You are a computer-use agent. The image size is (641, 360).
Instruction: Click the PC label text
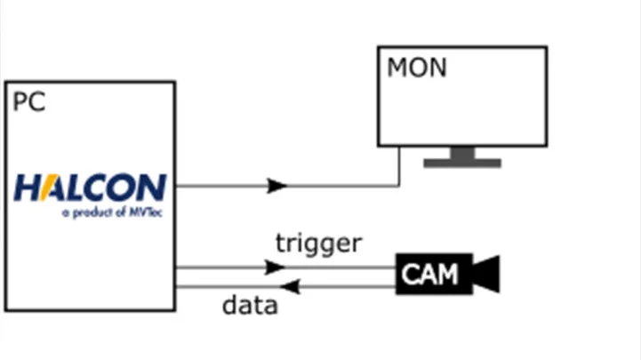click(28, 102)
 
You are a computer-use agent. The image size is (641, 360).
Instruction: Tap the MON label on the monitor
click(417, 68)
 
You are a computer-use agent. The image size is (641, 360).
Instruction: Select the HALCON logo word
click(90, 188)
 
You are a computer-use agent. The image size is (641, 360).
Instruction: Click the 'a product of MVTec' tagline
click(113, 212)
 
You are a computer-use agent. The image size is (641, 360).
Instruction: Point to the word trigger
click(318, 243)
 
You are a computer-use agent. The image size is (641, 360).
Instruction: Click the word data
click(250, 306)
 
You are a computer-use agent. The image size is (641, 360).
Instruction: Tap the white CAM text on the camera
click(429, 274)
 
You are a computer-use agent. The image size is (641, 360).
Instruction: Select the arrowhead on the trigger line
click(276, 267)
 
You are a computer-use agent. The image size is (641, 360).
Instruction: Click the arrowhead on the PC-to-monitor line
click(277, 186)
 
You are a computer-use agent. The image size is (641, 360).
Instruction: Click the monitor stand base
click(462, 164)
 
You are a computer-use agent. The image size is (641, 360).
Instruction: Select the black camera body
click(434, 274)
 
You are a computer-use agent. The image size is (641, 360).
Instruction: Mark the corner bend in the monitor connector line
click(399, 186)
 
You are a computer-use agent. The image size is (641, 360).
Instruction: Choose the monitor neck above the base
click(462, 153)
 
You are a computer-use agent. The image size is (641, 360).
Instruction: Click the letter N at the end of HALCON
click(152, 188)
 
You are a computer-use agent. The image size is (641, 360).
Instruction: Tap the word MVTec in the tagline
click(148, 212)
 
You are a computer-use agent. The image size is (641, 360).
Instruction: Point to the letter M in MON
click(397, 68)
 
